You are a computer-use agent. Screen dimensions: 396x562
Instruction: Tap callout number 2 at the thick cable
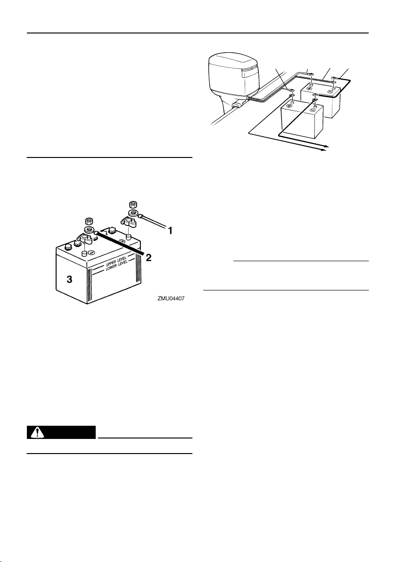[x=148, y=258]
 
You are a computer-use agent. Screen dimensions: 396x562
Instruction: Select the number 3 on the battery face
[x=69, y=280]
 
